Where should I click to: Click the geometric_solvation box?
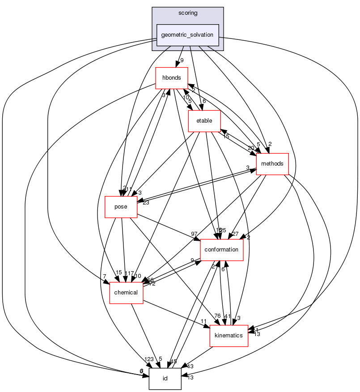pyautogui.click(x=187, y=35)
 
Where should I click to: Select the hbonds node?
pyautogui.click(x=171, y=77)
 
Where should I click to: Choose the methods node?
pyautogui.click(x=272, y=164)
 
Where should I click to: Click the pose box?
pyautogui.click(x=121, y=207)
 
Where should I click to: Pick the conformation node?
pyautogui.click(x=222, y=250)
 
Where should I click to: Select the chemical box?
pyautogui.click(x=126, y=293)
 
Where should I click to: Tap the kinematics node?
pyautogui.click(x=229, y=335)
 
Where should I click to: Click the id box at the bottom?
pyautogui.click(x=165, y=379)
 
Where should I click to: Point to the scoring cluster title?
pyautogui.click(x=187, y=13)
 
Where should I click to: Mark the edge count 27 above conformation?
pyautogui.click(x=235, y=234)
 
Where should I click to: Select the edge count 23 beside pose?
pyautogui.click(x=146, y=202)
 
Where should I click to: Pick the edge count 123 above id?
pyautogui.click(x=148, y=359)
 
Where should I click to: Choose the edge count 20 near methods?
pyautogui.click(x=250, y=148)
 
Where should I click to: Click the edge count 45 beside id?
pyautogui.click(x=174, y=362)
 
